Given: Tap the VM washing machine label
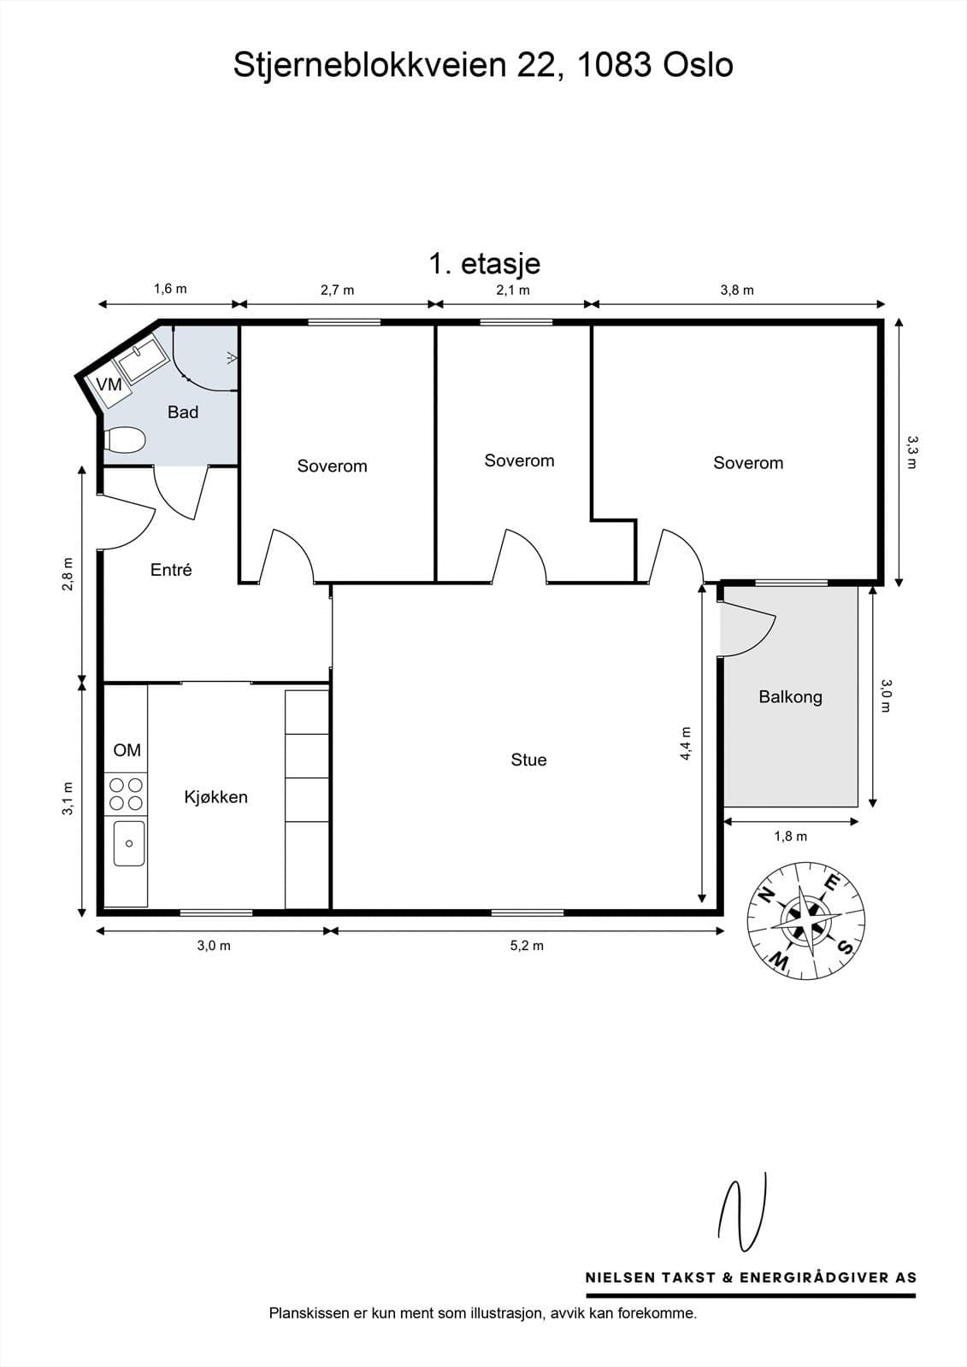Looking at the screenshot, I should pyautogui.click(x=109, y=385).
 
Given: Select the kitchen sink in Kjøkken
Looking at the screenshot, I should pyautogui.click(x=129, y=843).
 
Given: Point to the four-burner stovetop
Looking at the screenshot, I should pyautogui.click(x=126, y=794).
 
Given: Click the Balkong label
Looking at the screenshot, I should pyautogui.click(x=790, y=697).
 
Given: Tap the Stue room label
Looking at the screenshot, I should pyautogui.click(x=528, y=760).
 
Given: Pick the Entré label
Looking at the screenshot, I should pyautogui.click(x=171, y=570).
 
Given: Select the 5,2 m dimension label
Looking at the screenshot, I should pyautogui.click(x=527, y=946).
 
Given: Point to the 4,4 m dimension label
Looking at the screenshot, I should pyautogui.click(x=686, y=743).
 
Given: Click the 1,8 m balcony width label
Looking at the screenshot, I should pyautogui.click(x=790, y=836).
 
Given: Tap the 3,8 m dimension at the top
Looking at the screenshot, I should pyautogui.click(x=737, y=290).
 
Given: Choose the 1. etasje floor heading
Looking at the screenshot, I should pyautogui.click(x=484, y=263).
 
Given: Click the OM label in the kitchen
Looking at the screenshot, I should pyautogui.click(x=127, y=750).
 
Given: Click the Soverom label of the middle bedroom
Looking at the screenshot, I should pyautogui.click(x=519, y=461).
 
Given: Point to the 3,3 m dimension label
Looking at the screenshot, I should pyautogui.click(x=911, y=453).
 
